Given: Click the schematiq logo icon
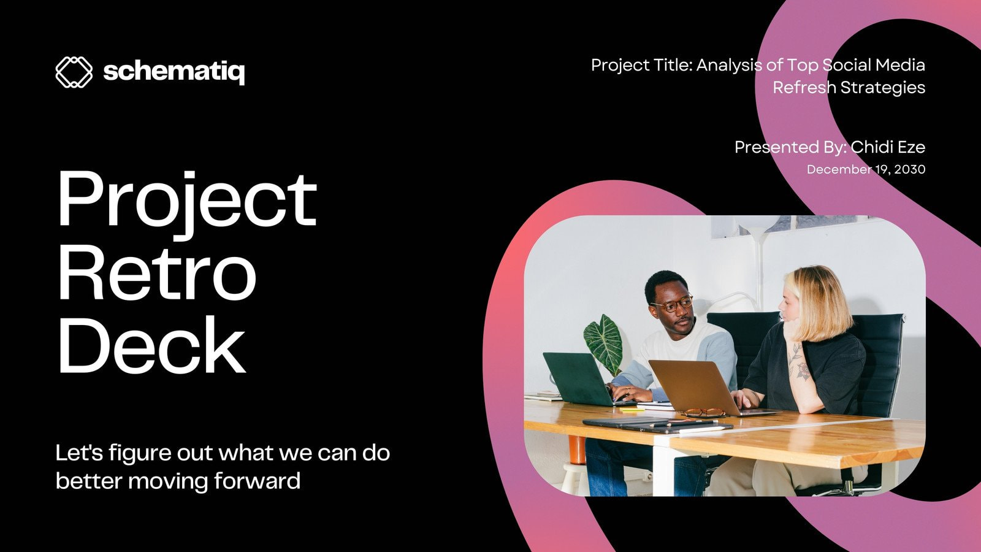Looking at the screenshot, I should (74, 72).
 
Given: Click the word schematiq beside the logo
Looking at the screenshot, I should (174, 72).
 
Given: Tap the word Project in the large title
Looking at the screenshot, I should (186, 199).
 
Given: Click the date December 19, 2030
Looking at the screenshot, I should (866, 169).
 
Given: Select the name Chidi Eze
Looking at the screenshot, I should (888, 147).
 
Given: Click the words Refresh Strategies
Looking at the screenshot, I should (849, 88).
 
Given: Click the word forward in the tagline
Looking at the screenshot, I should (258, 480).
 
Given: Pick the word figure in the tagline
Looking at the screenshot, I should (140, 453).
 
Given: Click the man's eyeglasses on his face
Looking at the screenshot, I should (672, 304).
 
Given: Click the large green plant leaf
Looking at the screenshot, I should (603, 343).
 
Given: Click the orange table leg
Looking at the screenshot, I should (576, 450).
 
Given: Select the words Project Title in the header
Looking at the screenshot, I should (641, 65).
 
